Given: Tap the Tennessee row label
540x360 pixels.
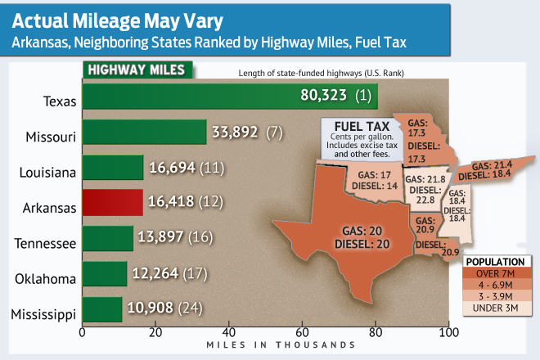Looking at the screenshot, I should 44,243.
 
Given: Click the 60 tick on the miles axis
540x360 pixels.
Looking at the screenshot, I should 302,332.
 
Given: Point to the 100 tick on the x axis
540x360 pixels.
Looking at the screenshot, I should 448,332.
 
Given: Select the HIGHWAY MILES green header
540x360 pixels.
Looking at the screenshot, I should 135,70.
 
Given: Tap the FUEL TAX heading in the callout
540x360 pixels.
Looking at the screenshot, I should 357,126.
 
